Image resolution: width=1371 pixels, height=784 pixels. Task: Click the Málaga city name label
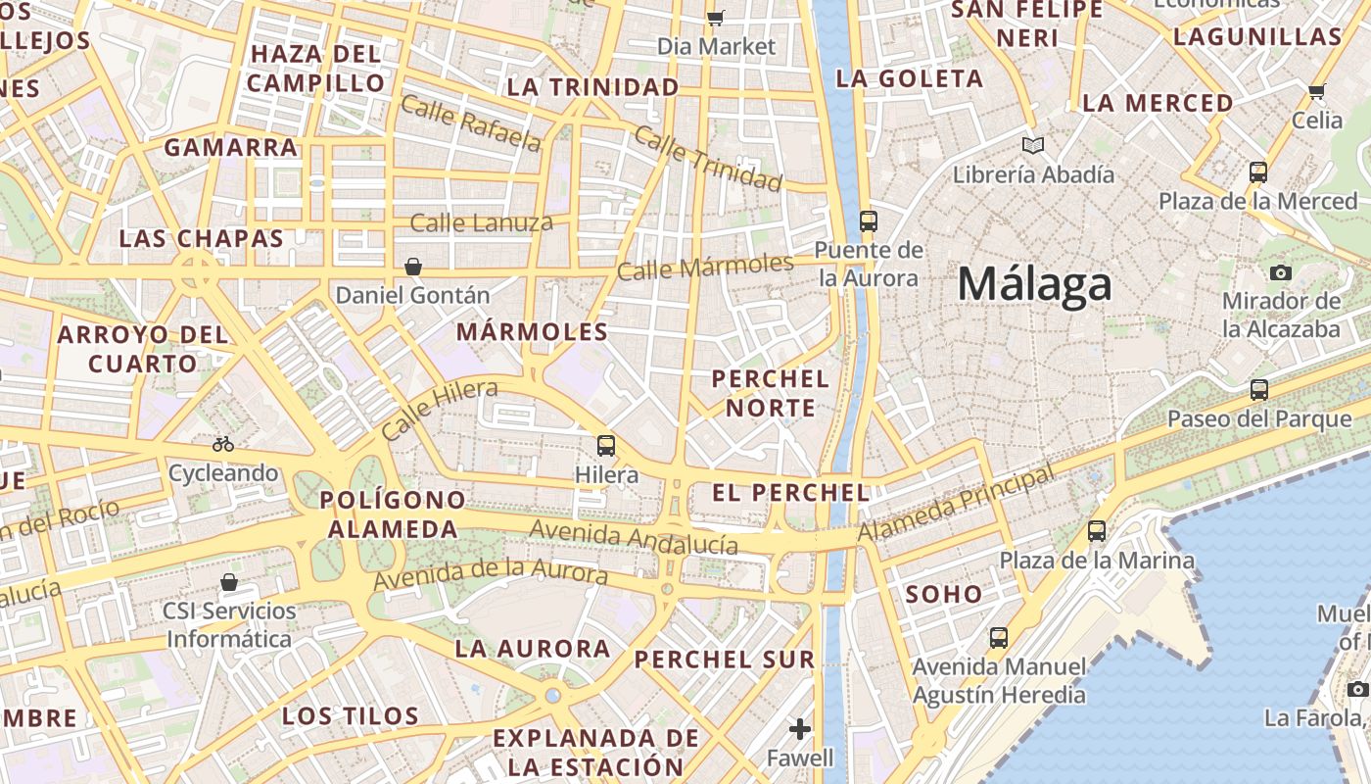tap(1034, 285)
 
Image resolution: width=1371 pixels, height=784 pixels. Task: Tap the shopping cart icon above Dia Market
tap(716, 17)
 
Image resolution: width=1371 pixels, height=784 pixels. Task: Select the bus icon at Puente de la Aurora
tap(869, 220)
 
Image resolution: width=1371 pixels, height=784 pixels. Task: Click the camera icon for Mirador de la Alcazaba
tap(1280, 272)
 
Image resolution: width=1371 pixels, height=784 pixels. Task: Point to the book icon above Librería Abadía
tap(1032, 146)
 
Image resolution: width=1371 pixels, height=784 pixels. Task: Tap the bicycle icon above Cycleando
tap(223, 444)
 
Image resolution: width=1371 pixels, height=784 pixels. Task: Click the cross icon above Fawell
tap(800, 729)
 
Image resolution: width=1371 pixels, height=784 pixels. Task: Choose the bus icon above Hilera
tap(606, 446)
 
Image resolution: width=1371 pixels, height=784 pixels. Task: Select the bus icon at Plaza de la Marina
tap(1097, 531)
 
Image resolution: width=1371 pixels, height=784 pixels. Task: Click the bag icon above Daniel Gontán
tap(413, 267)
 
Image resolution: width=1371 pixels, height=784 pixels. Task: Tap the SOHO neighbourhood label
tap(943, 594)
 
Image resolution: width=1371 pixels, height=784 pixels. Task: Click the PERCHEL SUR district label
tap(725, 660)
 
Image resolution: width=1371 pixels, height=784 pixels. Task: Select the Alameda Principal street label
tap(957, 503)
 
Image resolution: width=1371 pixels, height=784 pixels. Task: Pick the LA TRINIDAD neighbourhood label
tap(592, 87)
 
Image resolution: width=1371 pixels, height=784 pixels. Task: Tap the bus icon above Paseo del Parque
tap(1259, 390)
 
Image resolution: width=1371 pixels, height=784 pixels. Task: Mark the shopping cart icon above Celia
tap(1316, 92)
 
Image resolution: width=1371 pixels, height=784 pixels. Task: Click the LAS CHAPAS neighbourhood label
tap(201, 238)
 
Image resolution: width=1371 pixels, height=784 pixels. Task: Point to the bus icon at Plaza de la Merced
tap(1258, 172)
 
